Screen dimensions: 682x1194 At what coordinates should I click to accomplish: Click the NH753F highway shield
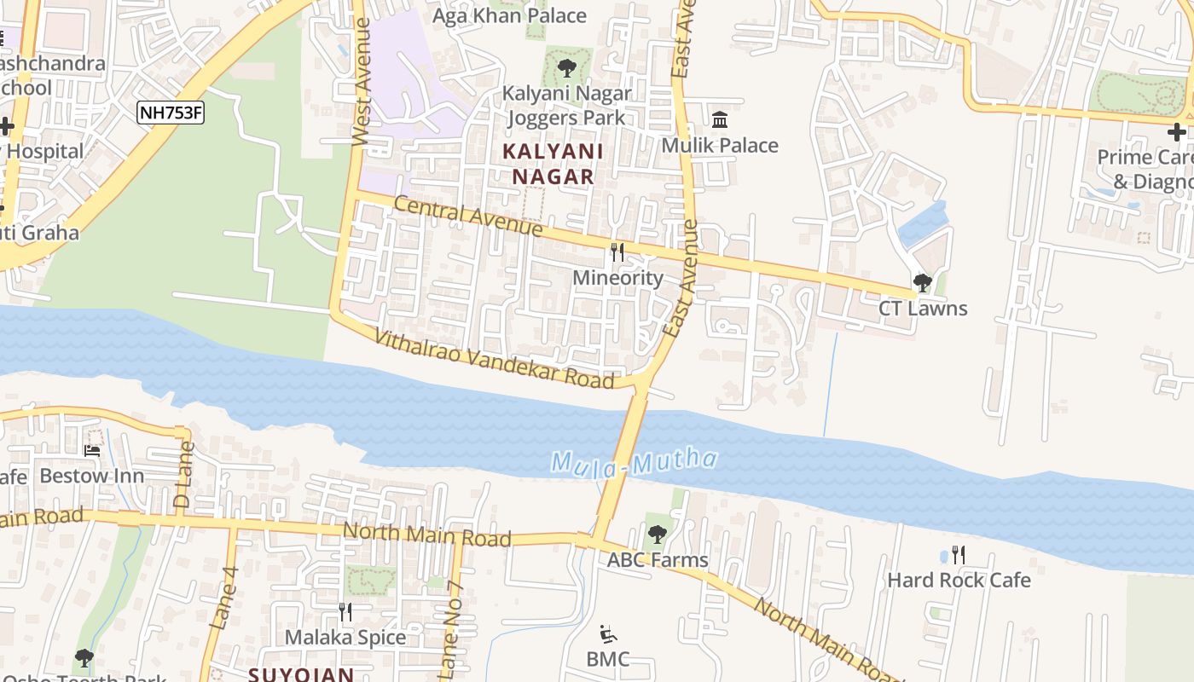(171, 112)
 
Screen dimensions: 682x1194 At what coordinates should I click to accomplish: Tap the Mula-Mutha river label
(634, 462)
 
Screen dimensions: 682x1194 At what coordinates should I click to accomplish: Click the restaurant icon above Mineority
(617, 252)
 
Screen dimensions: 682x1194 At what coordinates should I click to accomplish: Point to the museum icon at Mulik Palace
(720, 119)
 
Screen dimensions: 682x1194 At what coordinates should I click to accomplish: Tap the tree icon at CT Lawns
(922, 282)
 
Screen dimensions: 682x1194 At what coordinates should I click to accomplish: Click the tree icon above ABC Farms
(657, 535)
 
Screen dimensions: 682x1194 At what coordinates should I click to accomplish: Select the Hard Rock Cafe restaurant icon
(959, 555)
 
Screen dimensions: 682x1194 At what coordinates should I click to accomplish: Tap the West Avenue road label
(362, 82)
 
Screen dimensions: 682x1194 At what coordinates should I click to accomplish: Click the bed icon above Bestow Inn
(92, 450)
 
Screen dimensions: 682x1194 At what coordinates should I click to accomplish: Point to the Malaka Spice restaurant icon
(345, 611)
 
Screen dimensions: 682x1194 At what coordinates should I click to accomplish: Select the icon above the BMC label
(608, 633)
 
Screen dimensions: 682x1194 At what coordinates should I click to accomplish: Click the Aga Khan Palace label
(510, 15)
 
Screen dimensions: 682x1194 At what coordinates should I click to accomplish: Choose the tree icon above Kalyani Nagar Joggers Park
(566, 67)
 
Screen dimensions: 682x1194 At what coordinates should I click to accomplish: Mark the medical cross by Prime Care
(1177, 131)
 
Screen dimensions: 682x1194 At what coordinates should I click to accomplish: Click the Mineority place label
(617, 278)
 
